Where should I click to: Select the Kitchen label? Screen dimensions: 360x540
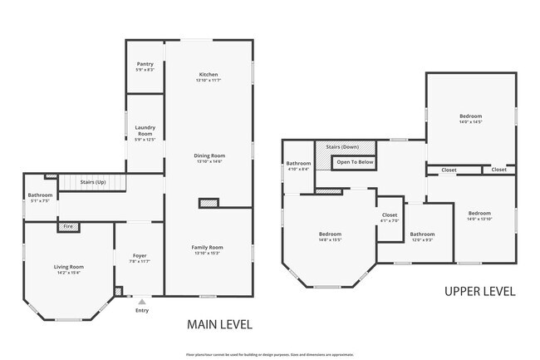point(208,76)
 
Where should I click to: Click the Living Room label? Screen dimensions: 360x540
point(69,269)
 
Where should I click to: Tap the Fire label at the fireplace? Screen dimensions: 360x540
point(68,225)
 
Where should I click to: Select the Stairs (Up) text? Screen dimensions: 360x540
point(92,181)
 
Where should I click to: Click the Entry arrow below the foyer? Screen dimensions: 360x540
point(142,303)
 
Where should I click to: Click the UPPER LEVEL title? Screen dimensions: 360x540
point(479,292)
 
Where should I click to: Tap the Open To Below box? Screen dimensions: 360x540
point(355,162)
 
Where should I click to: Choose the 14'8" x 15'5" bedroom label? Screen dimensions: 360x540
point(330,237)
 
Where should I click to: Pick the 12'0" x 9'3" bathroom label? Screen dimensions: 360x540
point(422,237)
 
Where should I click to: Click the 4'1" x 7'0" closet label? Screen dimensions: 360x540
point(390,218)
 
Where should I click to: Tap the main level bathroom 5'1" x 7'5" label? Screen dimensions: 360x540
point(40,198)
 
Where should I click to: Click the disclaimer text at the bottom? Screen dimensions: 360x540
point(269,353)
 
